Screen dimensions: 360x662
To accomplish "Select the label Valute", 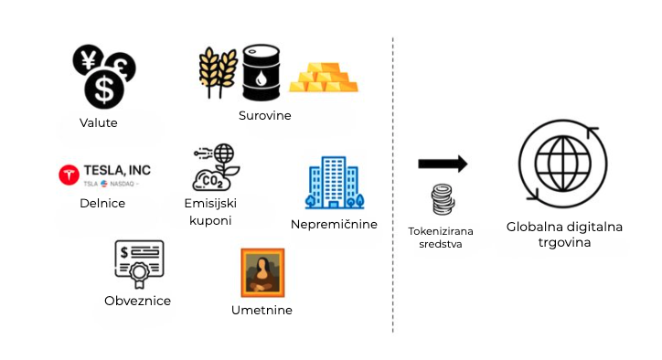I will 99,123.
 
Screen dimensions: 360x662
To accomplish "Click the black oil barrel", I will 263,73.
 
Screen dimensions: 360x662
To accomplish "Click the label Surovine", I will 264,116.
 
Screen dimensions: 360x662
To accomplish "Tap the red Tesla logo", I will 69,175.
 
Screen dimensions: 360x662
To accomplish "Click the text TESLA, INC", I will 117,170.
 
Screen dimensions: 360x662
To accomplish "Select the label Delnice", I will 102,203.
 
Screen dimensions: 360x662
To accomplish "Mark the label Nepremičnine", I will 334,224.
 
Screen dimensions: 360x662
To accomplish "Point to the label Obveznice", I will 138,301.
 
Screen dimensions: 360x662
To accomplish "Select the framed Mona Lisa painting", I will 262,272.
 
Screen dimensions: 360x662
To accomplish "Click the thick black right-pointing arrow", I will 443,164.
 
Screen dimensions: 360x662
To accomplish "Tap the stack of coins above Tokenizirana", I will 443,200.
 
